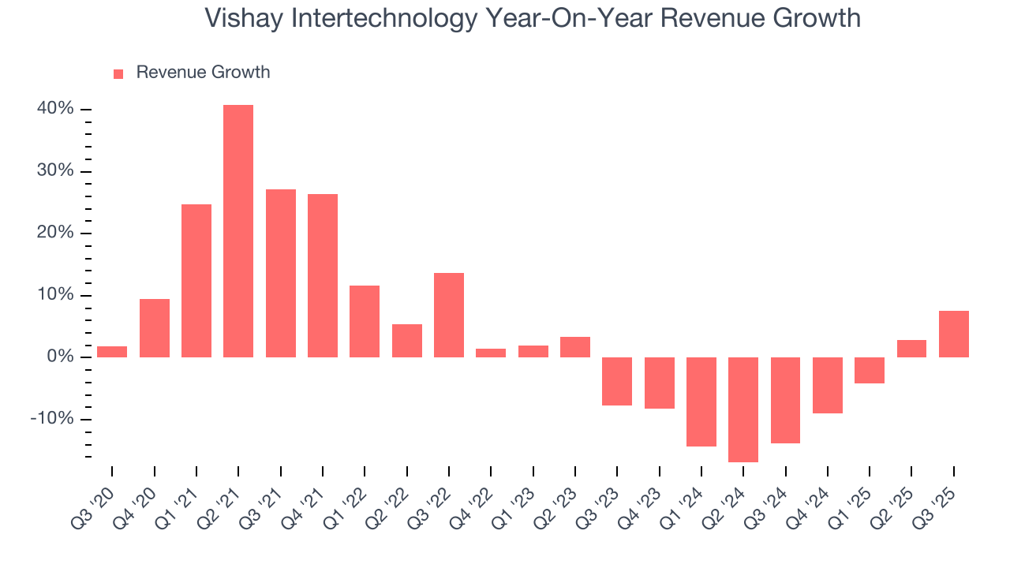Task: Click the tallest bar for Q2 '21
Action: pos(238,231)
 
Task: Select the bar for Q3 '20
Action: pos(112,352)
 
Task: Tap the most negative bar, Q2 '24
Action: pos(743,409)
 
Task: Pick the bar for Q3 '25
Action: pos(954,334)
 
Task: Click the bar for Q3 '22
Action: pos(449,315)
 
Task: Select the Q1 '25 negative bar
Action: pos(870,370)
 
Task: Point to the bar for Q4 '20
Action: pos(155,328)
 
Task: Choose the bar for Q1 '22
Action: pos(365,321)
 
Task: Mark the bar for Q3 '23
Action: pos(617,381)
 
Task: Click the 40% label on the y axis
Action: pos(55,109)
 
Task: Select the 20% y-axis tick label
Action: pos(55,233)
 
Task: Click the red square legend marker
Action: pos(118,73)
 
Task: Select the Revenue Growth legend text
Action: pos(203,73)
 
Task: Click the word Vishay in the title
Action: pos(244,18)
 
